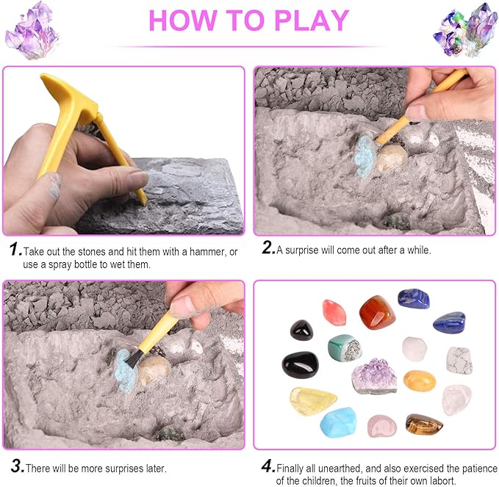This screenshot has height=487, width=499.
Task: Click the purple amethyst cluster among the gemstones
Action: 374,376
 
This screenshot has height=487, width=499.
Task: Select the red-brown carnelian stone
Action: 376,311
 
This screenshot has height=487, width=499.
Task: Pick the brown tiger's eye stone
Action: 425,425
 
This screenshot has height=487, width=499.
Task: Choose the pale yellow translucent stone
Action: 313,400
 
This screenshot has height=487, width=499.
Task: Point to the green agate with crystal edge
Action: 344,347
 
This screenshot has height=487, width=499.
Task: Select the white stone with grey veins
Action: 459,359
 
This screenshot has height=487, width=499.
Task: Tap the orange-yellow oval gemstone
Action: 419,380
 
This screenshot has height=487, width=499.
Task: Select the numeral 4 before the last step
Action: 268,466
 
